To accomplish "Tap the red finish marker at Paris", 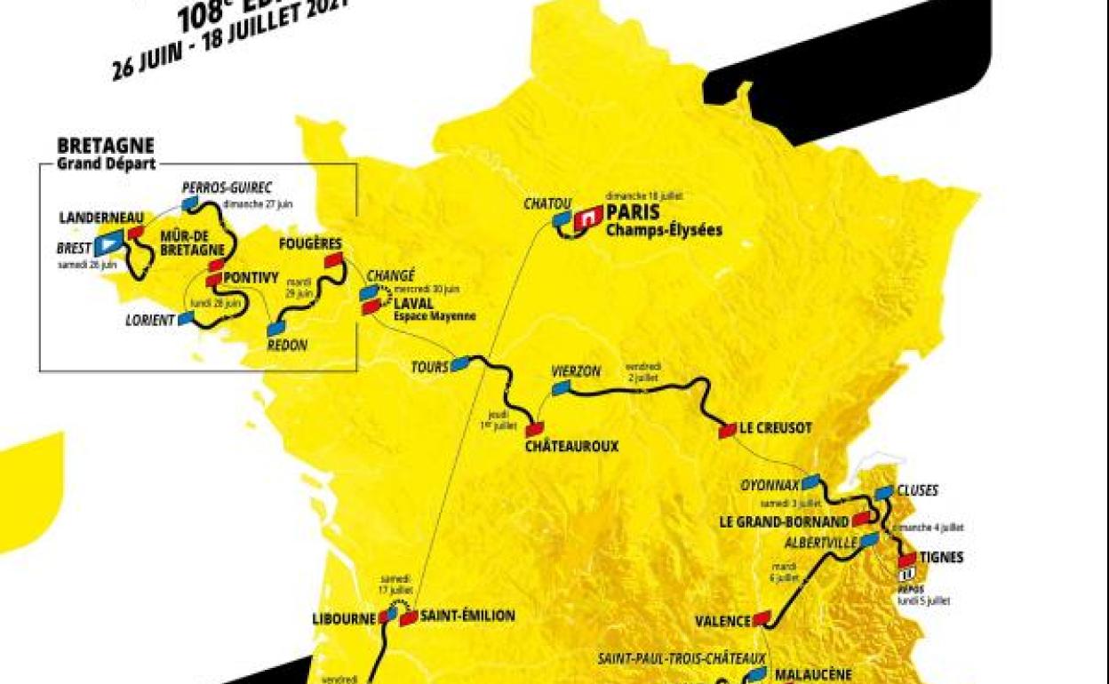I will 587,218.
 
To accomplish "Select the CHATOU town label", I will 547,205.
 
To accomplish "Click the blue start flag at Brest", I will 111,241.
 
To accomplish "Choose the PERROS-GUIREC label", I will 227,187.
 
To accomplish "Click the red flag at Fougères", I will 333,259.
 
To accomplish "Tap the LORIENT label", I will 150,320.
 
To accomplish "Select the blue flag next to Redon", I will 276,328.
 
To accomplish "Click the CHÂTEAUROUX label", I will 570,446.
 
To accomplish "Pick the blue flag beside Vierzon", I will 561,387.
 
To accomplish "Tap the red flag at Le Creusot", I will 727,431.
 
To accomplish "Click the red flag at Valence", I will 762,618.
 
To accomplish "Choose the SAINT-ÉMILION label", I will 467,615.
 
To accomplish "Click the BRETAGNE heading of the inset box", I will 106,146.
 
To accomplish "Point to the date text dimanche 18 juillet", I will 643,195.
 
